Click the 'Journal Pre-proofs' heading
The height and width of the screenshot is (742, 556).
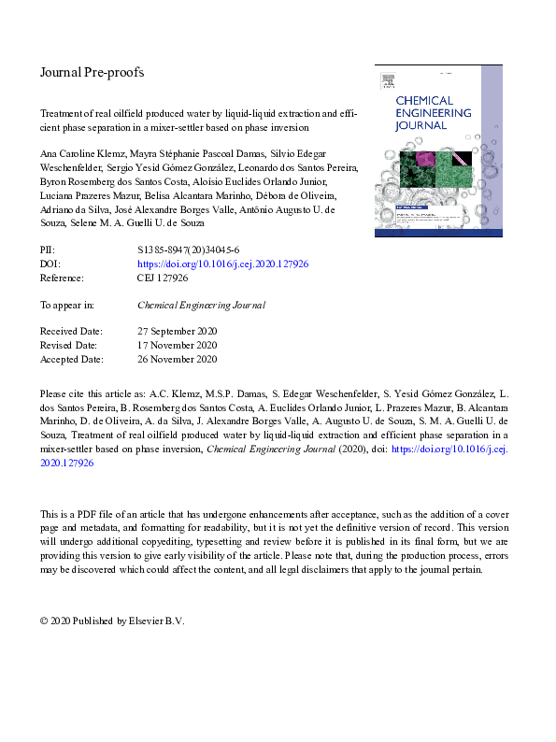coord(92,72)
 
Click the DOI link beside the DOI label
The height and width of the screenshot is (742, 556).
coord(222,264)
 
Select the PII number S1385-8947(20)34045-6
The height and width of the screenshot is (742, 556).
coord(189,251)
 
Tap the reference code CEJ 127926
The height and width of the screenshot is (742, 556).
coord(163,278)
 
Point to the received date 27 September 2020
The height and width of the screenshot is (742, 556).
coord(178,332)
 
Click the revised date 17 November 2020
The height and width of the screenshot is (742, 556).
coord(177,345)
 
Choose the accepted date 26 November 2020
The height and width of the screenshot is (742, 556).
coord(177,359)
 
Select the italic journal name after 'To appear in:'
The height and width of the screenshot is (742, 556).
coord(201,305)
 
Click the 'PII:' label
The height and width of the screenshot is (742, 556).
coord(48,251)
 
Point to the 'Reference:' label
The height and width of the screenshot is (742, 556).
coord(62,278)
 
